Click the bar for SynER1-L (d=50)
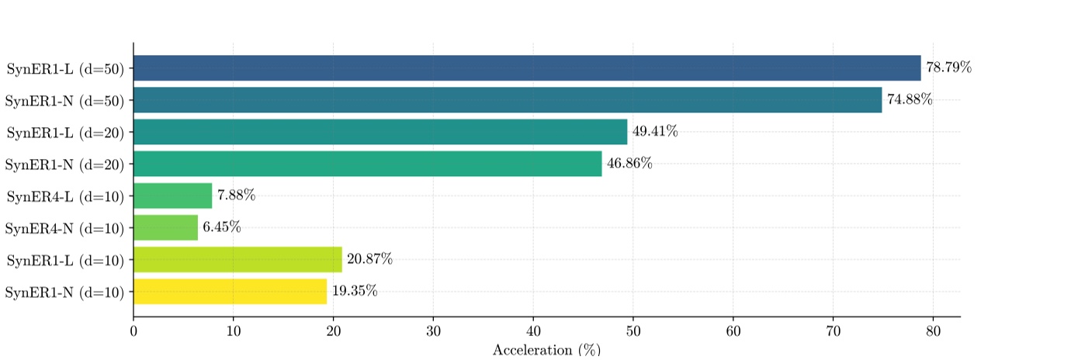(527, 68)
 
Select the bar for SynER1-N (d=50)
(508, 100)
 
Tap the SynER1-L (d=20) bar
(380, 132)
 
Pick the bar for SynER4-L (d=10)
(172, 196)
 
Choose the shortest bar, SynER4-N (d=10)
(165, 227)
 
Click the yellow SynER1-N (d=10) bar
(230, 291)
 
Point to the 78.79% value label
(948, 68)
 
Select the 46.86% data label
(629, 164)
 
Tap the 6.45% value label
(222, 227)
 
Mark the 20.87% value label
(369, 259)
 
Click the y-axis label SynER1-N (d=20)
(65, 164)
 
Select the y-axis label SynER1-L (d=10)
(65, 259)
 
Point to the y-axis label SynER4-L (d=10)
(65, 196)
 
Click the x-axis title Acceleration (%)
(546, 350)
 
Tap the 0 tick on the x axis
(133, 331)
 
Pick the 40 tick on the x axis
(533, 331)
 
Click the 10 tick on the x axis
(234, 331)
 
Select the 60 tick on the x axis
(733, 331)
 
